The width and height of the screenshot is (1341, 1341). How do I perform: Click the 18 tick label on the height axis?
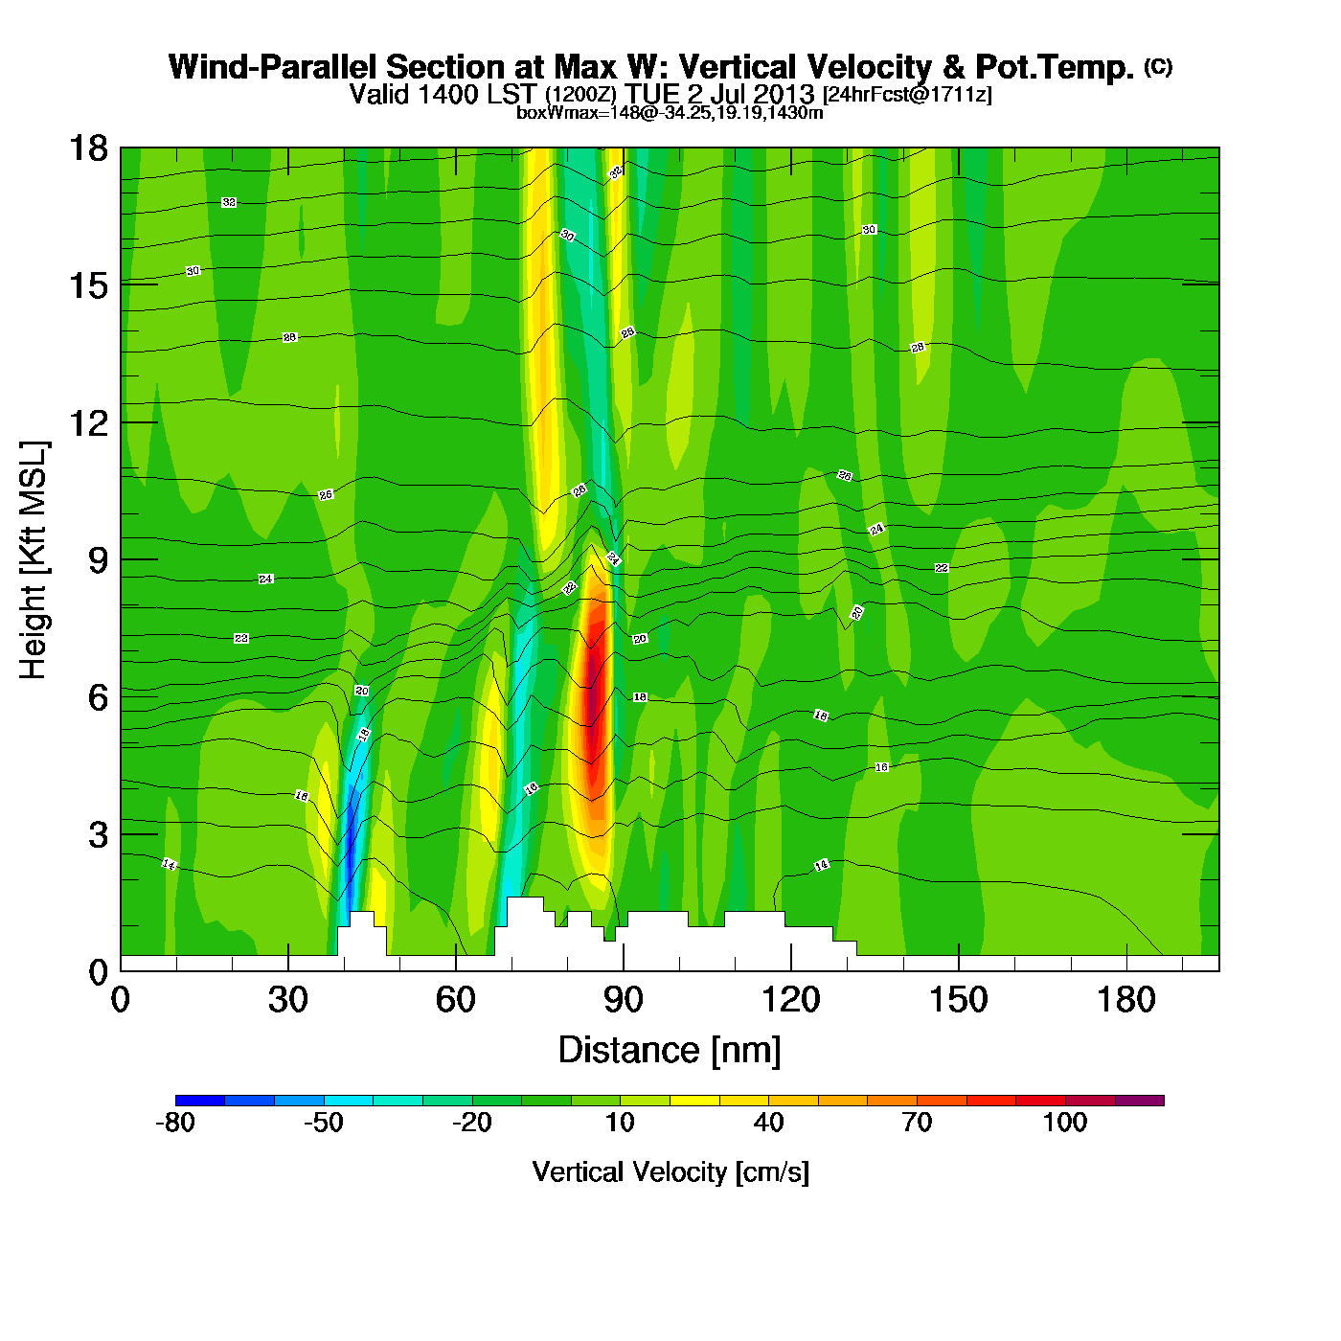88,148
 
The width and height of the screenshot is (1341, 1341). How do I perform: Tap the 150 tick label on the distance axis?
958,1000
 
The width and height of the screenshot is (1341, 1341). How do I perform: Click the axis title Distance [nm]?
670,1051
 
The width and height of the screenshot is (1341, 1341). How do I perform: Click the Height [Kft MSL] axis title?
34,560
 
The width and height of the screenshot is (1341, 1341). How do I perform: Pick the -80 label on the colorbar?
175,1123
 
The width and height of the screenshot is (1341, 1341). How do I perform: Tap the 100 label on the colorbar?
1065,1123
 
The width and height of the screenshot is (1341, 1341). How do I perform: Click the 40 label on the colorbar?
768,1123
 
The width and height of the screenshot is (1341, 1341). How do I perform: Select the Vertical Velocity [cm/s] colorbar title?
670,1172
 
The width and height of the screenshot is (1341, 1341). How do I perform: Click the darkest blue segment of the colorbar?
200,1101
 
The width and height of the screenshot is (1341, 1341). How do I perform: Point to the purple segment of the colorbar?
1140,1101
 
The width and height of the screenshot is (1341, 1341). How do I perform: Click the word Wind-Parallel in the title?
274,68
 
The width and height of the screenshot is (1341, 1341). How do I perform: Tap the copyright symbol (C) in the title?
1158,66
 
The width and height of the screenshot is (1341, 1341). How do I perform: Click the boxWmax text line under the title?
670,113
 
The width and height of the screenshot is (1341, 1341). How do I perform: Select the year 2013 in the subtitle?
783,95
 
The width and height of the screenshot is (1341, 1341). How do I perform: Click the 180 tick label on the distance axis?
1126,1000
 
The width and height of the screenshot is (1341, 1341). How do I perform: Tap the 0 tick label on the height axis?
98,972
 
